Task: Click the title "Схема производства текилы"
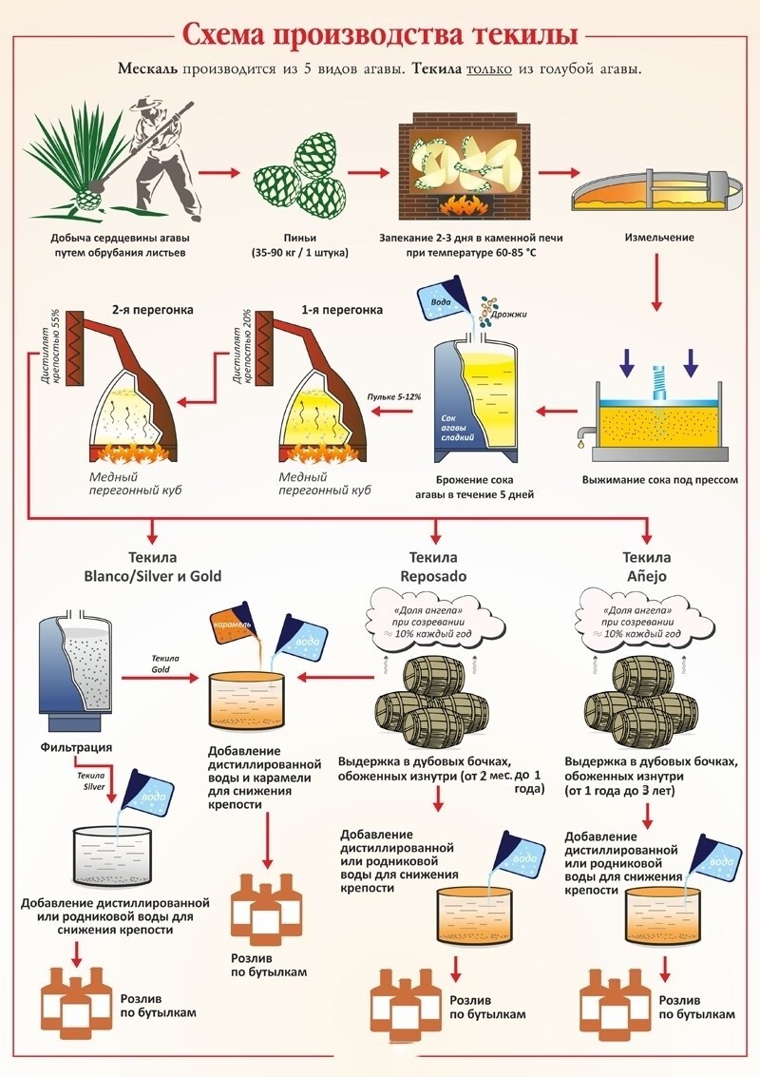pyautogui.click(x=380, y=35)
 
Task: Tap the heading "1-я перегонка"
pyautogui.click(x=342, y=310)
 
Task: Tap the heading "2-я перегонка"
pyautogui.click(x=152, y=310)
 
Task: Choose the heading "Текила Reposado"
pyautogui.click(x=433, y=567)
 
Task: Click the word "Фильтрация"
pyautogui.click(x=76, y=747)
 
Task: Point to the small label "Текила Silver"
pyautogui.click(x=94, y=781)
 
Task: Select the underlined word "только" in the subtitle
pyautogui.click(x=489, y=69)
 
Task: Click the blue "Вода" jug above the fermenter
pyautogui.click(x=444, y=300)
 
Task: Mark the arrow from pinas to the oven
pyautogui.click(x=368, y=172)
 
